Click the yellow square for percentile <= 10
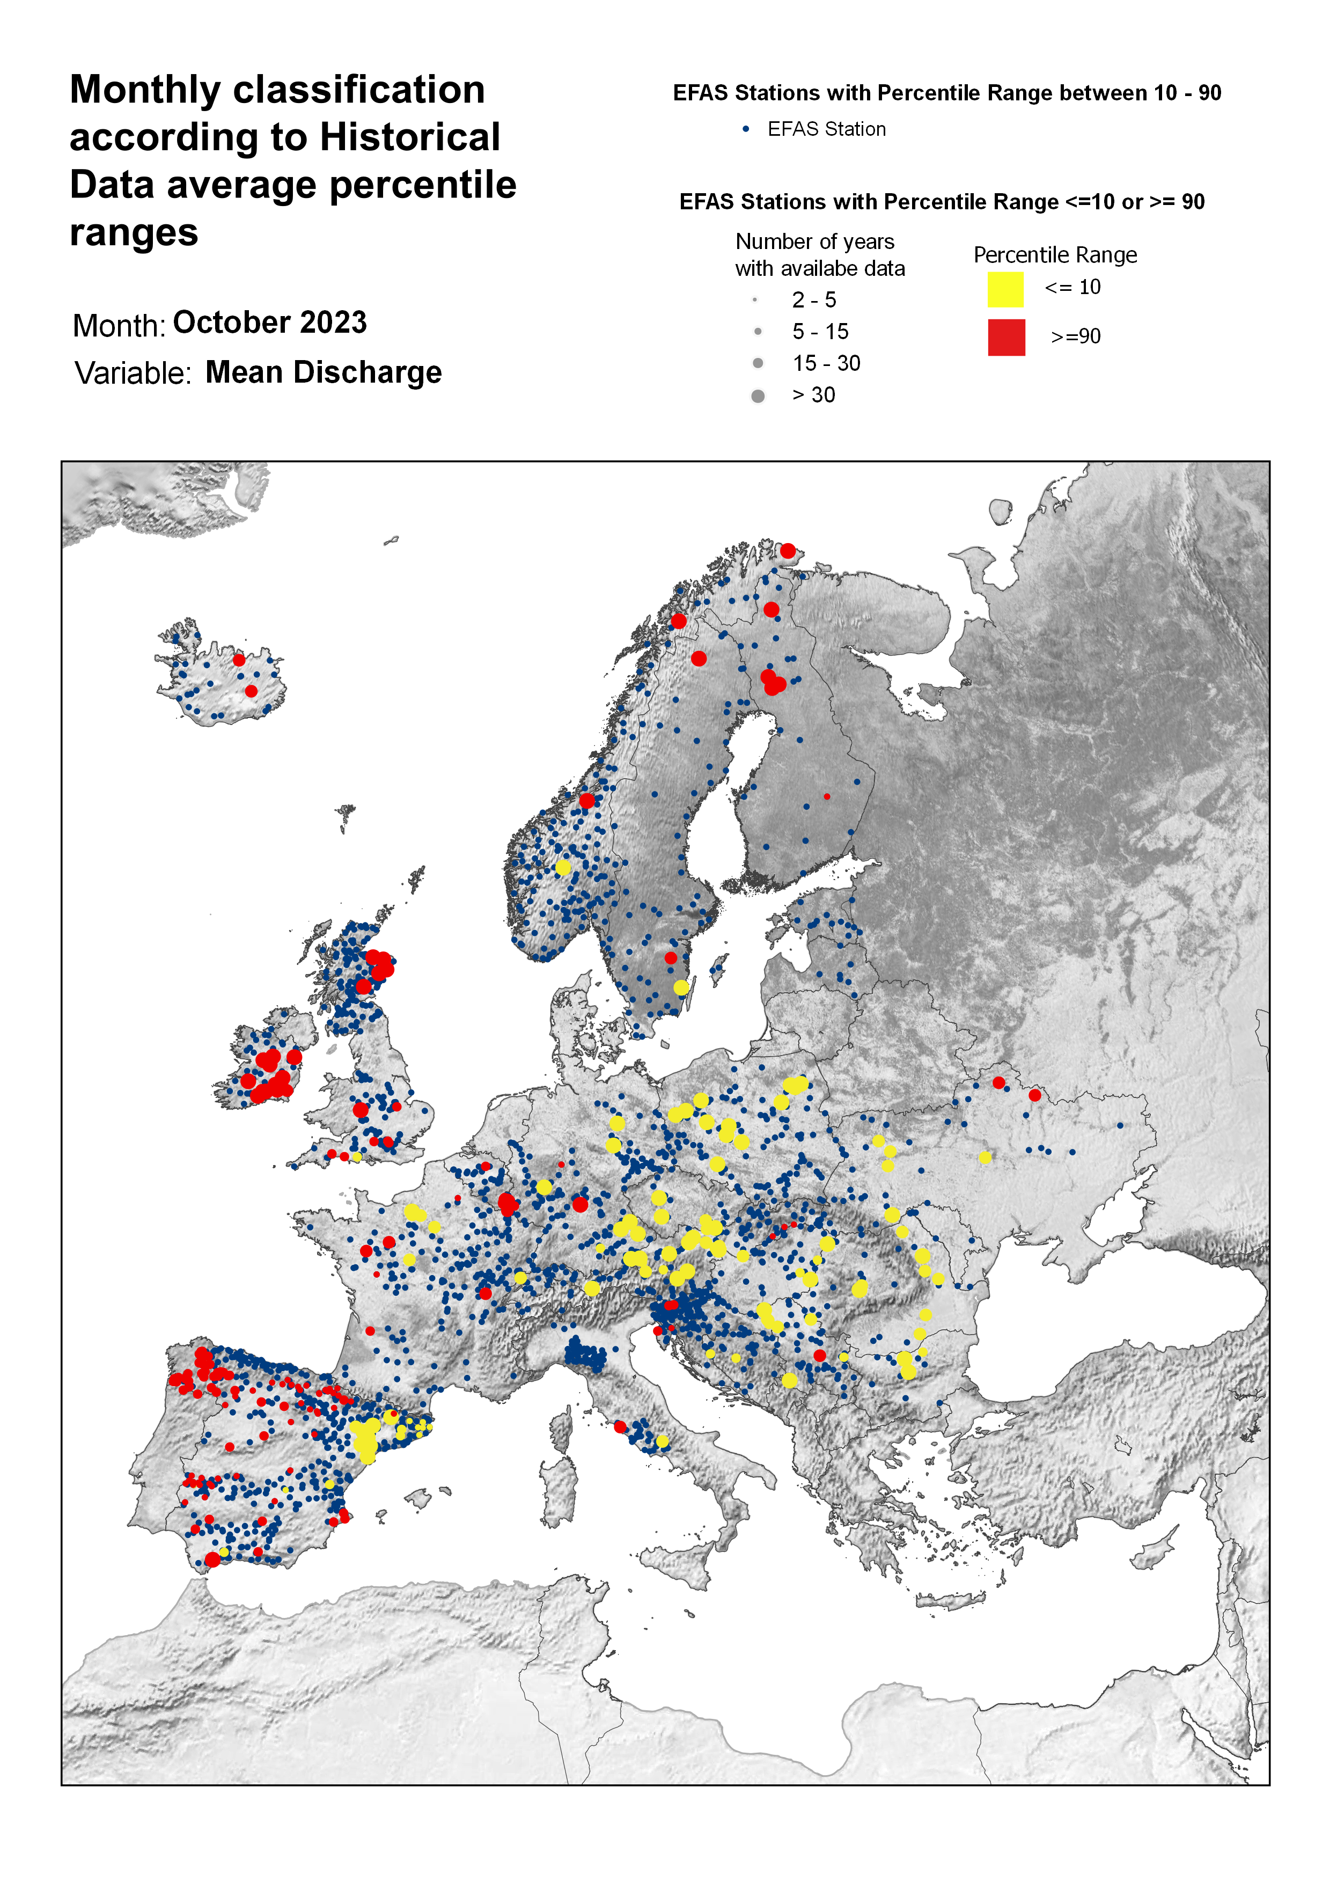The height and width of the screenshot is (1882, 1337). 1005,290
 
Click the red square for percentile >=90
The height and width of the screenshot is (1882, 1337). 1006,338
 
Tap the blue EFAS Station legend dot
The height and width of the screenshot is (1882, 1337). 746,129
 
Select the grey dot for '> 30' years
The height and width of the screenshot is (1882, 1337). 758,396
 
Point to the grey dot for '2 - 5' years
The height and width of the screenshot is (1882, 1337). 754,299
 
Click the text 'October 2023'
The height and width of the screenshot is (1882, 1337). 269,323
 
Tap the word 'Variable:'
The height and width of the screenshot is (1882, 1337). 133,374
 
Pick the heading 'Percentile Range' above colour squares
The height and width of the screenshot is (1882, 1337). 1055,255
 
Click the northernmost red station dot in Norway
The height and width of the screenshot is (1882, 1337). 788,551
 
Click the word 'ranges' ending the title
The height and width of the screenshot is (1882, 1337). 134,233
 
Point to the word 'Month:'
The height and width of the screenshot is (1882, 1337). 119,326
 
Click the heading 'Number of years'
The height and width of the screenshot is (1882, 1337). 814,242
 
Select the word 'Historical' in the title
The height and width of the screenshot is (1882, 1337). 409,137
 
